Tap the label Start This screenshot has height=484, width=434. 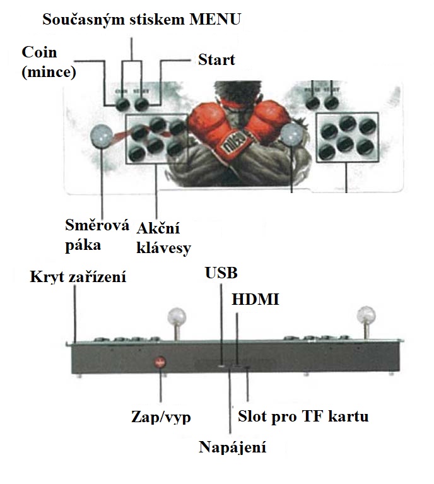(216, 60)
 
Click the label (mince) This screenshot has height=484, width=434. (49, 71)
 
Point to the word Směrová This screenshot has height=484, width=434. (97, 225)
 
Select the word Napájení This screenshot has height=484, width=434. (232, 448)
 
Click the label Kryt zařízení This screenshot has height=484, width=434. (78, 276)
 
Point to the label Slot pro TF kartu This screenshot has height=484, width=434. (303, 416)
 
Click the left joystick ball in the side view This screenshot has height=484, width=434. (176, 316)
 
